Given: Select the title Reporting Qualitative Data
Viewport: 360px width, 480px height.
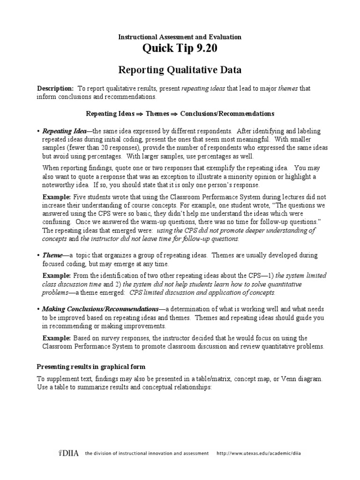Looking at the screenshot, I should (x=180, y=70).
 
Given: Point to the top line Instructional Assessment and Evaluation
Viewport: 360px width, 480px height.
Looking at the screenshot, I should (x=180, y=37).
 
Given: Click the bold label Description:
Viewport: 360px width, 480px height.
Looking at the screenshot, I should (x=55, y=88).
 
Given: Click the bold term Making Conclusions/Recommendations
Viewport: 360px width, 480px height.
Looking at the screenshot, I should (x=100, y=310).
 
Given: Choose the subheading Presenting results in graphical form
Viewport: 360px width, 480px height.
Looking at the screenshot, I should (x=91, y=366).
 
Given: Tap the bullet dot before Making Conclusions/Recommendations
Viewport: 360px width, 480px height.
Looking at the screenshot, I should (x=38, y=310).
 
